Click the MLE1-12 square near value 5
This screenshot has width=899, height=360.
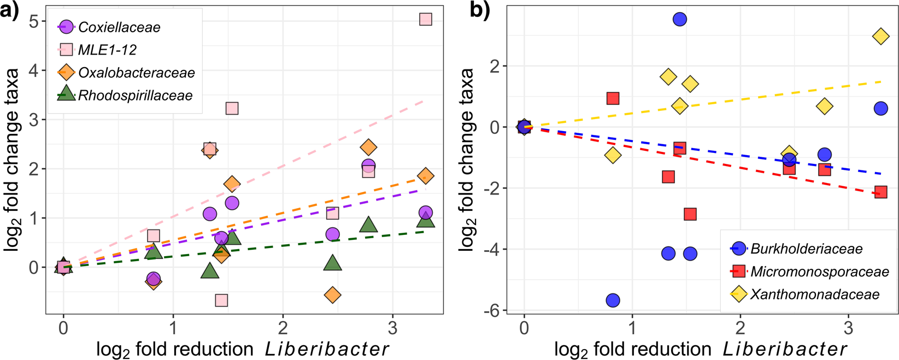(x=426, y=20)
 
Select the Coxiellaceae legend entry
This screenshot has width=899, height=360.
(x=119, y=27)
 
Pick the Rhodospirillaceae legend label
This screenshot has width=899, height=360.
(x=135, y=96)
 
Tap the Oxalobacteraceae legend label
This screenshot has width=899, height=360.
(x=136, y=73)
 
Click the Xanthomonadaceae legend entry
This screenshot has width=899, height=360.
(x=814, y=294)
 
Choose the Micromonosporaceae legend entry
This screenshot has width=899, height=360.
(x=819, y=272)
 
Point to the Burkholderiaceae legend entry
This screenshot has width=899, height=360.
(x=806, y=249)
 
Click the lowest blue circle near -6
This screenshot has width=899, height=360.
(x=613, y=300)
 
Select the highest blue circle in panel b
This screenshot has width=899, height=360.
(x=679, y=20)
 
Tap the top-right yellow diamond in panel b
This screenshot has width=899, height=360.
(x=880, y=37)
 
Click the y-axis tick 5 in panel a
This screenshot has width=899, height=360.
(x=34, y=21)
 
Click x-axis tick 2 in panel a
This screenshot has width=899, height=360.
(x=283, y=328)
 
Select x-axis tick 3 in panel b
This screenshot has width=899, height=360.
(x=848, y=328)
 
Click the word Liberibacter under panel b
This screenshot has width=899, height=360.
(x=784, y=349)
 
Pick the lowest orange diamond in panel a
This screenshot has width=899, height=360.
(x=332, y=295)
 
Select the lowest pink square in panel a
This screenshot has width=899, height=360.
(x=221, y=300)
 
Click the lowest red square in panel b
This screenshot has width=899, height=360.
(x=690, y=214)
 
